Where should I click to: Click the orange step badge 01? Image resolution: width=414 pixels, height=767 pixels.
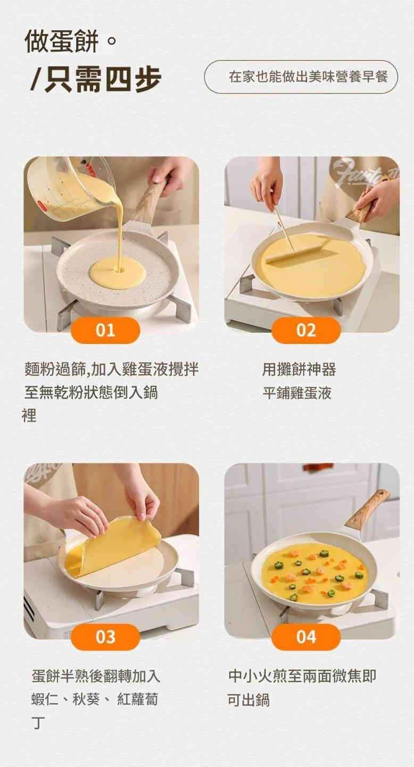tap(105, 330)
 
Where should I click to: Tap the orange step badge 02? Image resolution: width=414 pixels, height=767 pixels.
tap(306, 330)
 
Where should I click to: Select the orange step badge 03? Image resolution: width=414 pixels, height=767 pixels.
tap(105, 637)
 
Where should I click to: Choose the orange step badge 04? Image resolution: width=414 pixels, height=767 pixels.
tap(306, 637)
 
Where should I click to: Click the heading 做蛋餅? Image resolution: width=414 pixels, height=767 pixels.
tap(62, 41)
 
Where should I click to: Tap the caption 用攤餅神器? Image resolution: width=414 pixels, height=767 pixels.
tap(299, 369)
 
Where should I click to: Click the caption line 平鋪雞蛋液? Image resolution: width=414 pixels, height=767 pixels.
tap(297, 393)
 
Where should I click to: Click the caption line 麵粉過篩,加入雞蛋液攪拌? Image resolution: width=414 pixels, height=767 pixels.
tap(112, 369)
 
